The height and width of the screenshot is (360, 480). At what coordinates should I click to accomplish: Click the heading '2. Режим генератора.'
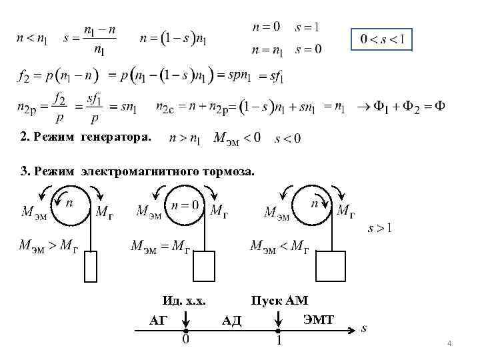86,137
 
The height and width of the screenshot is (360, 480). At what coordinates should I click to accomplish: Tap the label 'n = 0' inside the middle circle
185,205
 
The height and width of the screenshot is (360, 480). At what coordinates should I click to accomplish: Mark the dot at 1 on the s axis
279,330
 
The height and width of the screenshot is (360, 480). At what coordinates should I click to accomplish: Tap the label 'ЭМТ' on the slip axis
319,319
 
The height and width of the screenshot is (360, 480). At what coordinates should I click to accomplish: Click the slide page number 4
449,343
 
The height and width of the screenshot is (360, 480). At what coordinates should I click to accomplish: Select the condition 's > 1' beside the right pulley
380,228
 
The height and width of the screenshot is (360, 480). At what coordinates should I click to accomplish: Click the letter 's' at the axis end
363,328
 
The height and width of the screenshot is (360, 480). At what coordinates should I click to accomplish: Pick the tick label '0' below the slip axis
186,342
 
